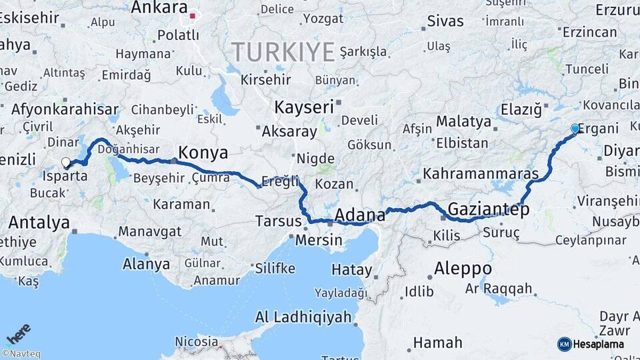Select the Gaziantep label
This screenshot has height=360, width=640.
[489, 209]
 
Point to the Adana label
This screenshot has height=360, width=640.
[360, 215]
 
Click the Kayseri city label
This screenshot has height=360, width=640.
[304, 107]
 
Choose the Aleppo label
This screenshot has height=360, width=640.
[463, 269]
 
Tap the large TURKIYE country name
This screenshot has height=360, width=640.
[283, 51]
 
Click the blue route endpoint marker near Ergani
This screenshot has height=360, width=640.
[575, 129]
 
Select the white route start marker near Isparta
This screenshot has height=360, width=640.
[66, 162]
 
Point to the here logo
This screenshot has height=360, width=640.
[19, 333]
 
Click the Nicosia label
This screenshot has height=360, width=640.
[196, 342]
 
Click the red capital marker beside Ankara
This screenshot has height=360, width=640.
[193, 15]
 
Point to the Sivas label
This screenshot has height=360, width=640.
[445, 21]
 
